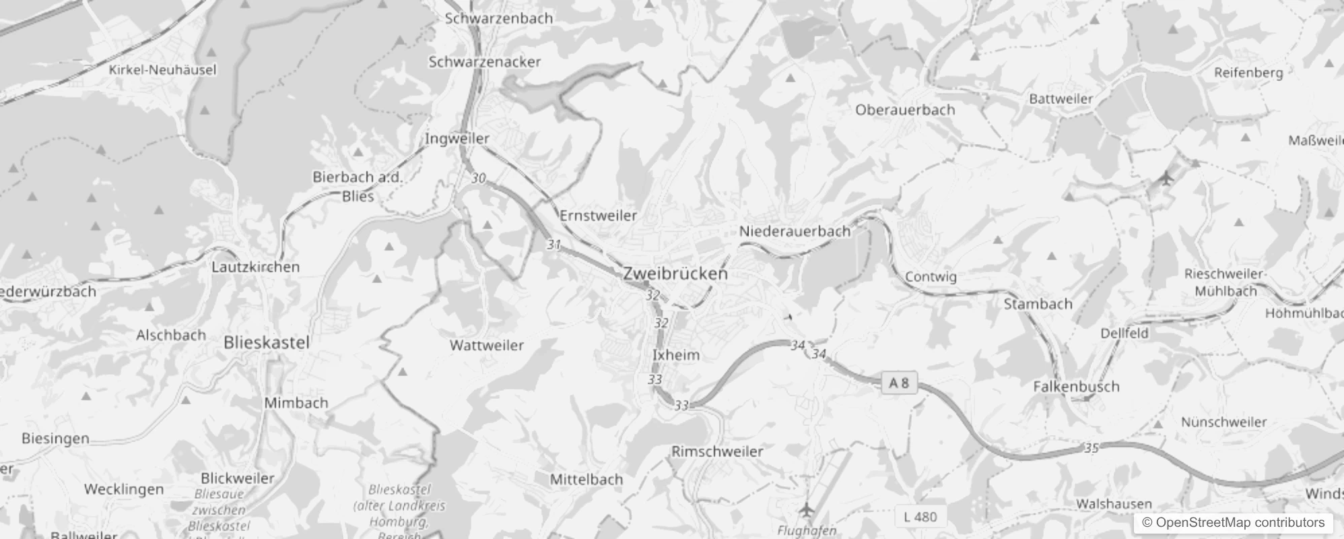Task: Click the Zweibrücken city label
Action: pyautogui.click(x=675, y=274)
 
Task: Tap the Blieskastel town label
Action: pyautogui.click(x=267, y=342)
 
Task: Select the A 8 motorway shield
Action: pyautogui.click(x=899, y=383)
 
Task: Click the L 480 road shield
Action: pyautogui.click(x=920, y=517)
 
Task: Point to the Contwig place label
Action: pyautogui.click(x=931, y=276)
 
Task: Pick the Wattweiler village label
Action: pyautogui.click(x=487, y=345)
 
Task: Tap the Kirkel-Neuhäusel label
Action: pyautogui.click(x=163, y=69)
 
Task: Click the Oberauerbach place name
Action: pyautogui.click(x=905, y=109)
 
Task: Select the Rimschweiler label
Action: pyautogui.click(x=717, y=451)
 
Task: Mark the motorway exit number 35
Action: pyautogui.click(x=1091, y=448)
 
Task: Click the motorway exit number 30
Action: pyautogui.click(x=478, y=179)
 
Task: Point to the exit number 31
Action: pyautogui.click(x=553, y=245)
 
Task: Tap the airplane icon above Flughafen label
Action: pyautogui.click(x=806, y=508)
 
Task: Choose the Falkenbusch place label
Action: pyautogui.click(x=1076, y=386)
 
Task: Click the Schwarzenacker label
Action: pyautogui.click(x=485, y=62)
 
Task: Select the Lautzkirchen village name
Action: pyautogui.click(x=255, y=267)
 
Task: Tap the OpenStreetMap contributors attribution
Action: pyautogui.click(x=1233, y=522)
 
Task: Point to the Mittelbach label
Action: pyautogui.click(x=586, y=479)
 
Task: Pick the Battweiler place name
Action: pyautogui.click(x=1061, y=98)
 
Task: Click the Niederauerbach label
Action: pyautogui.click(x=795, y=231)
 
